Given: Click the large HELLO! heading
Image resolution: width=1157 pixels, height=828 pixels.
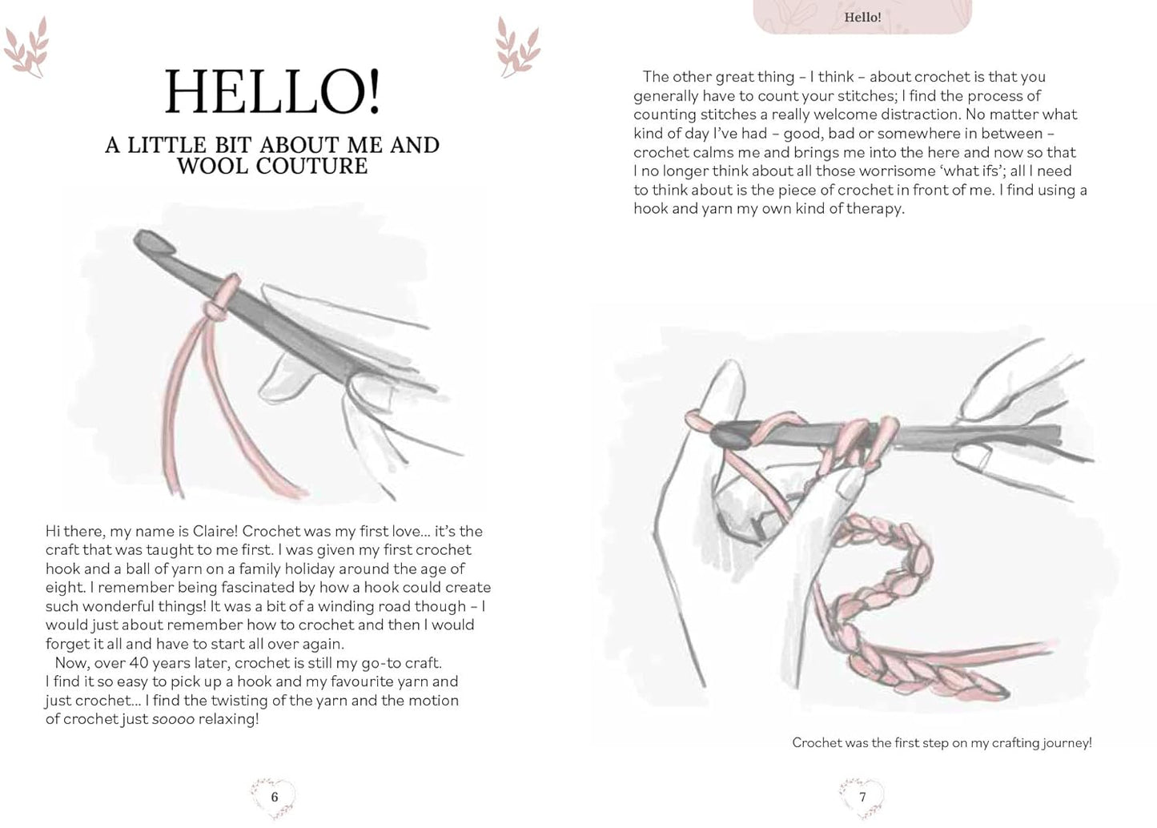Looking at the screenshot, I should [272, 93].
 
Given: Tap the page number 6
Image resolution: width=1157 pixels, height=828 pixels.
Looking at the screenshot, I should [274, 797].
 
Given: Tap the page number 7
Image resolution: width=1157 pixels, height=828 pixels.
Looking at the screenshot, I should [862, 797].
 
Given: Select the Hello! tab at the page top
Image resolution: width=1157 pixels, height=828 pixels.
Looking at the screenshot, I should [862, 17].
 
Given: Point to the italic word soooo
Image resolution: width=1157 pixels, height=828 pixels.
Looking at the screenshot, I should [174, 719].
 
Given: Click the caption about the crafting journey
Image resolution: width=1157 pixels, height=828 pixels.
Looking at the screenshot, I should [942, 743].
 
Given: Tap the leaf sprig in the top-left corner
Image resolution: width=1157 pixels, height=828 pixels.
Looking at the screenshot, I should [26, 48].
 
